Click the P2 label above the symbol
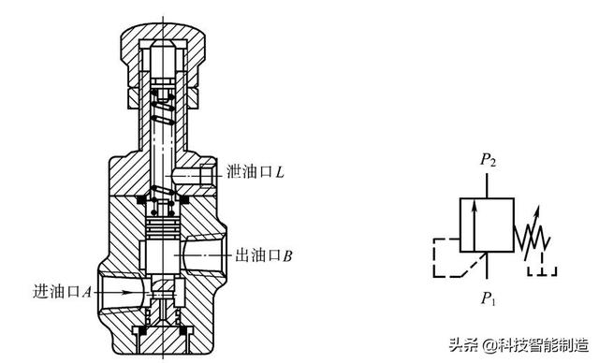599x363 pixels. click(489, 161)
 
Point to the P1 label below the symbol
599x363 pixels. click(489, 299)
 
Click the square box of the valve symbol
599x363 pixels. click(488, 225)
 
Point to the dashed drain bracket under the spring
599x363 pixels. click(542, 272)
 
